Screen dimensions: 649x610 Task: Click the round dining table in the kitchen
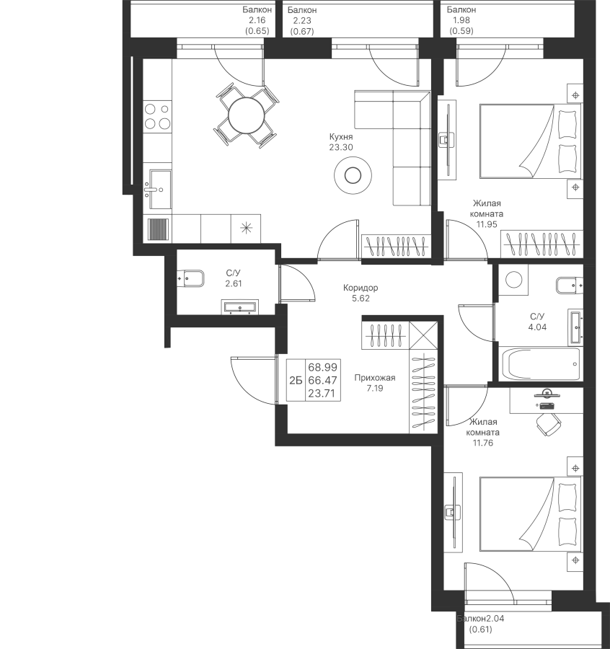tap(245, 115)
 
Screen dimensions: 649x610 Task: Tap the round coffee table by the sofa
tap(353, 175)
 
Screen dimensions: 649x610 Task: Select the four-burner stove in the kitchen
tap(157, 116)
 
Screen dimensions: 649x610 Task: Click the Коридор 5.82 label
tap(360, 293)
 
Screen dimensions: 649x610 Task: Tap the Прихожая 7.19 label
tap(374, 383)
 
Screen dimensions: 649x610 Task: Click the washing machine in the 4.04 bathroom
tap(514, 280)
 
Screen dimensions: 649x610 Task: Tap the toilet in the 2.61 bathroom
tap(191, 278)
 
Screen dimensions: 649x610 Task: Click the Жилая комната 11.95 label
tap(487, 214)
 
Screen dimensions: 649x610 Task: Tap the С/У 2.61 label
tap(233, 278)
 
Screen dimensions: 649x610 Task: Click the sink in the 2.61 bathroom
tap(239, 308)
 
